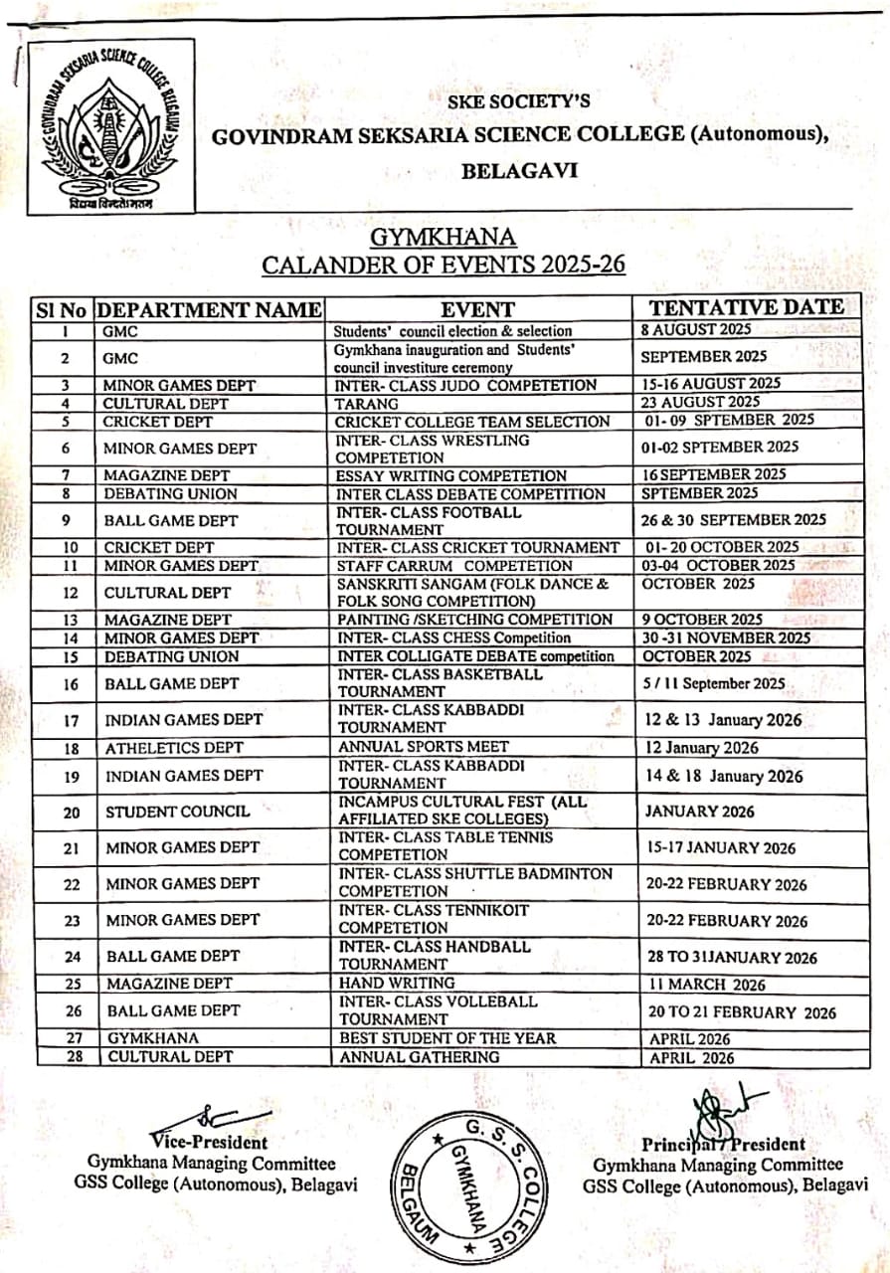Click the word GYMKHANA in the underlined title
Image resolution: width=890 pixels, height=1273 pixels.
coord(444,239)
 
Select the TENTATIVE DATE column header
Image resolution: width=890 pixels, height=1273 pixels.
coord(747,307)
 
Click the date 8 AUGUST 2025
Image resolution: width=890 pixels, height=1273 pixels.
coord(697,329)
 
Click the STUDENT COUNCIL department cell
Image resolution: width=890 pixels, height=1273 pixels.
coord(177,812)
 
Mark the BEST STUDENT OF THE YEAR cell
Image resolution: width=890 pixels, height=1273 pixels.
coord(448,1038)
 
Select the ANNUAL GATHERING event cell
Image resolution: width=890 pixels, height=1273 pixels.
coord(420,1057)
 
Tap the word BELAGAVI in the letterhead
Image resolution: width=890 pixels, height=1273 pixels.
coord(519,171)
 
